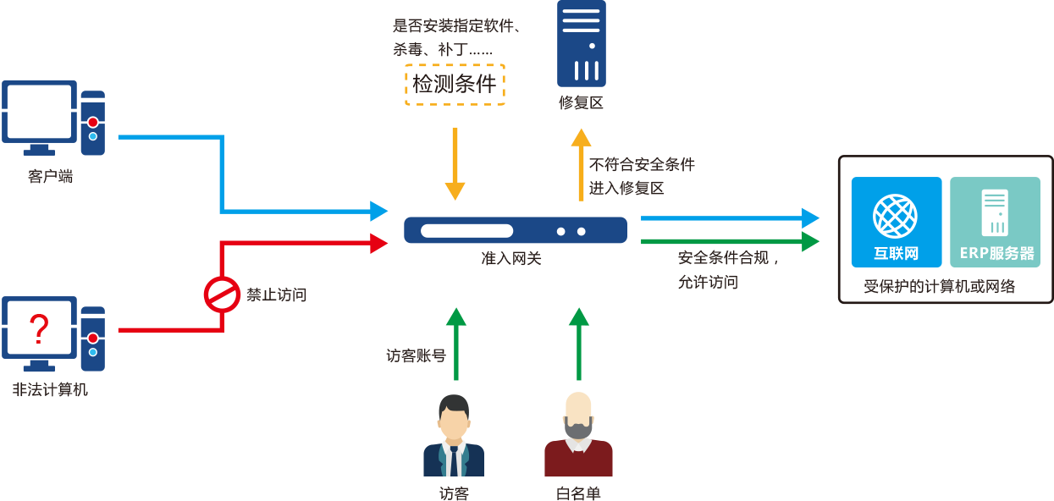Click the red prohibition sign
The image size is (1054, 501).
coord(222,295)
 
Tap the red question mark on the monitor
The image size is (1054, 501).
coord(38,328)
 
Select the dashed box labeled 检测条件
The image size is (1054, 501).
coord(455,84)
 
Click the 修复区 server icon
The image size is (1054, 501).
coord(582,43)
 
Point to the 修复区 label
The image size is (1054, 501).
coord(581,103)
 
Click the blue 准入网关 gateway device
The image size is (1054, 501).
coord(515,230)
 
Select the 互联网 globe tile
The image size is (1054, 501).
coord(896,222)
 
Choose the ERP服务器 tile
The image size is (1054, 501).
coord(996,222)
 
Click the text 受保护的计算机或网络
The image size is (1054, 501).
coord(939,286)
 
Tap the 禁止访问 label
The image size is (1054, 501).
coord(276,295)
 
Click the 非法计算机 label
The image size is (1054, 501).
coord(50,390)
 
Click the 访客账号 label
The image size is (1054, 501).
coord(416,355)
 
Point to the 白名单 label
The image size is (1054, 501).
coord(578,493)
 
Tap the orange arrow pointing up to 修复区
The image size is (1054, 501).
coord(581,165)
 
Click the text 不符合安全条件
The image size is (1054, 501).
coord(643,164)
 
